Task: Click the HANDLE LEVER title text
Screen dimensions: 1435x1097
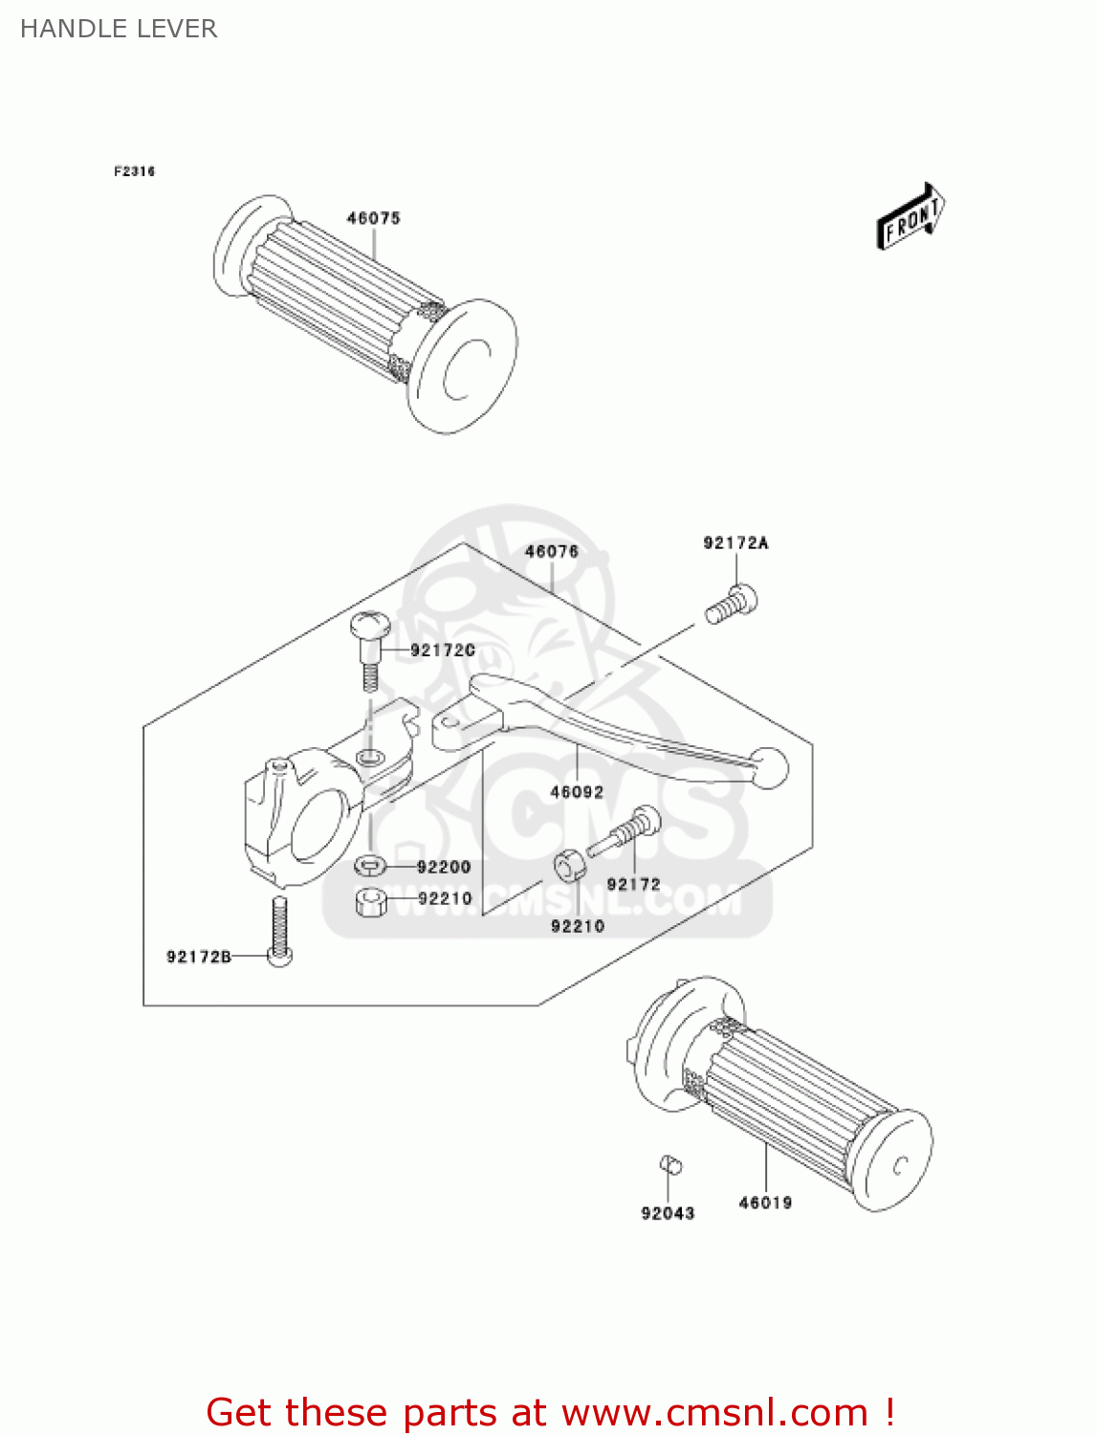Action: click(x=119, y=29)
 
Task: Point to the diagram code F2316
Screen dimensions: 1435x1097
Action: click(x=134, y=171)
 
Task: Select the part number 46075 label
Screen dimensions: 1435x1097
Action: click(x=373, y=218)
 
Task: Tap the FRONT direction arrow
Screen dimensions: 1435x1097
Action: click(x=911, y=218)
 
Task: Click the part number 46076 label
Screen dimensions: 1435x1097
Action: click(x=552, y=551)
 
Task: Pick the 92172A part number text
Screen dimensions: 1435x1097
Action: click(x=735, y=542)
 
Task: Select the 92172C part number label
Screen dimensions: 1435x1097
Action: click(x=442, y=650)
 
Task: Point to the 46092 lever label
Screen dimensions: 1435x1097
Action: click(x=577, y=792)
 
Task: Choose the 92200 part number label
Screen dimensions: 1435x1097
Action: click(x=444, y=867)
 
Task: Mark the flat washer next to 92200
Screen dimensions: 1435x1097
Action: click(x=370, y=866)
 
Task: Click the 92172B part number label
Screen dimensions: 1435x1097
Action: click(x=199, y=956)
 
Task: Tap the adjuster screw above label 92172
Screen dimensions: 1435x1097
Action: click(x=626, y=831)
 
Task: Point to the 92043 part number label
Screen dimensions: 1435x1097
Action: click(x=668, y=1213)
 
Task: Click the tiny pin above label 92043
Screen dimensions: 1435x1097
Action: click(x=671, y=1165)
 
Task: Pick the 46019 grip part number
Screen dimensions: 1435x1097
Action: click(x=765, y=1203)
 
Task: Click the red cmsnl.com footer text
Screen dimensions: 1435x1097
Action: click(x=550, y=1412)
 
